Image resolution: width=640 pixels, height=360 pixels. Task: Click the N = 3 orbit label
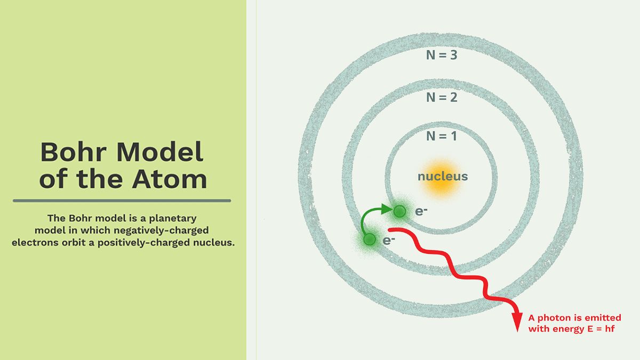coord(442,55)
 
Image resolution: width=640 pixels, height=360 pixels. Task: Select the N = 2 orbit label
coord(442,98)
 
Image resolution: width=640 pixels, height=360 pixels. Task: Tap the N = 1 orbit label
coord(442,137)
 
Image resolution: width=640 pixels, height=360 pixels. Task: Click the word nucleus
coord(443,177)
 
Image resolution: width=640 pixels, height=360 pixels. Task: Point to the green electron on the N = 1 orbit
coord(399,212)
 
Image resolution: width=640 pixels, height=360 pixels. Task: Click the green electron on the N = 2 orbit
coord(369,240)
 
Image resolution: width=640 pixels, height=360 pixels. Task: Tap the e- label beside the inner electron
coord(421,211)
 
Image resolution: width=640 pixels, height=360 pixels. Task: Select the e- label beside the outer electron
coord(389,240)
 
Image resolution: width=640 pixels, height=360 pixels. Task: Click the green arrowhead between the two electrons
coord(388,210)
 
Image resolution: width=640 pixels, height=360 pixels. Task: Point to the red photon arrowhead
coord(517,324)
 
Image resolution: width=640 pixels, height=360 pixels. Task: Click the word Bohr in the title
coord(71,153)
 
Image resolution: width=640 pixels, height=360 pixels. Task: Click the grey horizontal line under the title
coord(122,201)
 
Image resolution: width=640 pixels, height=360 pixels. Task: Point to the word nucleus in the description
coord(213,243)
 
